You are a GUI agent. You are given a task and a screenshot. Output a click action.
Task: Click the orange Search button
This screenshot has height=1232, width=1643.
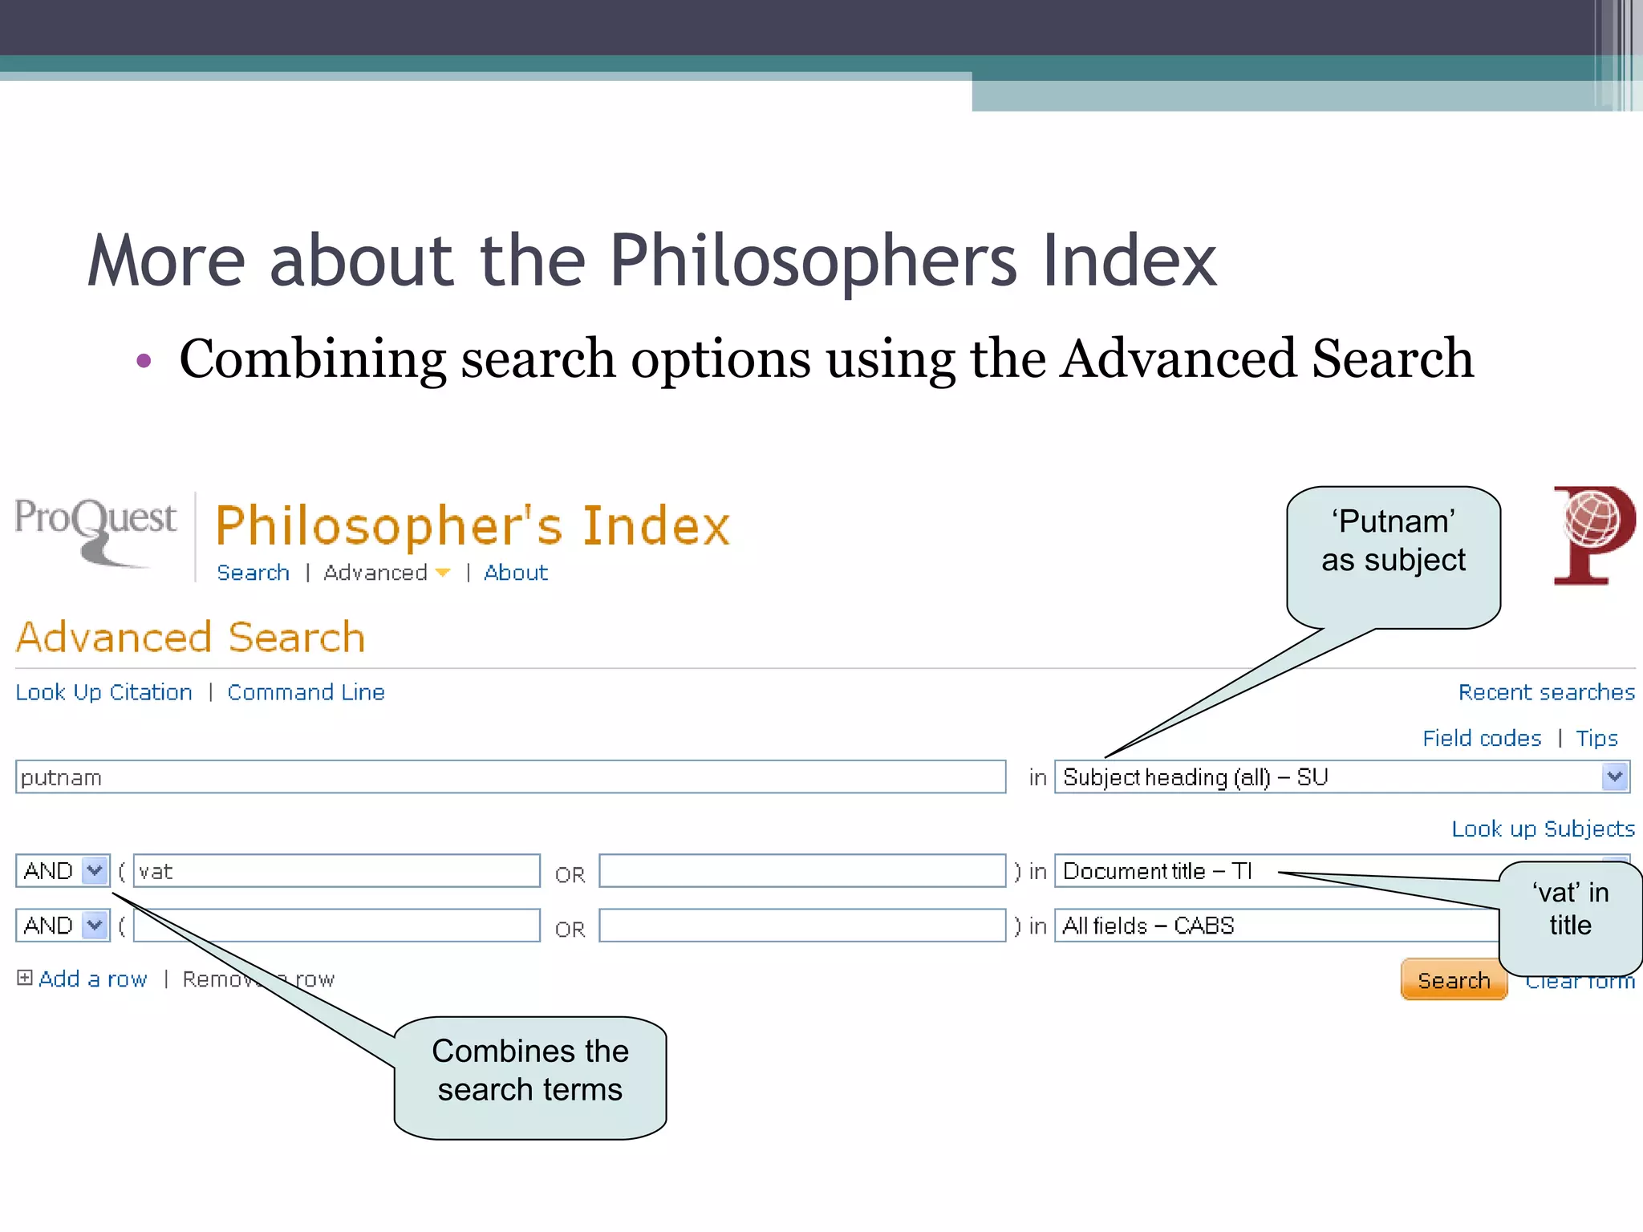pos(1453,979)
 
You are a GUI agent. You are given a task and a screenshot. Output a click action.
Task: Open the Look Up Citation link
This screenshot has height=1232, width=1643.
pos(104,692)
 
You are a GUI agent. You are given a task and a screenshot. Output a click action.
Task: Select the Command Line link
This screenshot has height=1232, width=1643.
pos(306,692)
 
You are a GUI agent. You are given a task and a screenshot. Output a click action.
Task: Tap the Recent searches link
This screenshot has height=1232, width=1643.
pos(1546,692)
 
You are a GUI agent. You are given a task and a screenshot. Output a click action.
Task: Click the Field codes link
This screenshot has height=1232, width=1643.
pos(1482,738)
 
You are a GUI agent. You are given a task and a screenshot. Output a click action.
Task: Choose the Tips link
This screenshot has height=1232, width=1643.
pos(1596,738)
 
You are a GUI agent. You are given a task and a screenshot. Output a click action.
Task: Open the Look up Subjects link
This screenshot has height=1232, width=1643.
pos(1543,829)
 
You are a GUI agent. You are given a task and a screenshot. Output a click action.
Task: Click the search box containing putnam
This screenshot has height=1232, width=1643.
pos(510,777)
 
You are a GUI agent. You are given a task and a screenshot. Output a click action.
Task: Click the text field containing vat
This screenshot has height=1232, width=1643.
pos(336,871)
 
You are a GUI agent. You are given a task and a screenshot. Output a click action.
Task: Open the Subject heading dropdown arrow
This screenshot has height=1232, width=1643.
pos(1614,776)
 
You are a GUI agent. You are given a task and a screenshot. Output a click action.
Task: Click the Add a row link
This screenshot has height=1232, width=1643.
pos(92,979)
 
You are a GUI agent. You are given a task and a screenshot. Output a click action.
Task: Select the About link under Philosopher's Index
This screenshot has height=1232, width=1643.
pos(516,573)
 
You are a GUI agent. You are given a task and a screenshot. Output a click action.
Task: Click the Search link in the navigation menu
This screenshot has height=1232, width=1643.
pos(253,573)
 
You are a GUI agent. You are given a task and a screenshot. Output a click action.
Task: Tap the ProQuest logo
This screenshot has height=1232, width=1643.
pos(95,529)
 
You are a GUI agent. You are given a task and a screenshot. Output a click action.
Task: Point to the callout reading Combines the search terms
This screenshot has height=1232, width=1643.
pos(530,1076)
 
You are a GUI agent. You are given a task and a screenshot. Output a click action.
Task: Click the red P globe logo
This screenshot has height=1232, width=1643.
pos(1593,534)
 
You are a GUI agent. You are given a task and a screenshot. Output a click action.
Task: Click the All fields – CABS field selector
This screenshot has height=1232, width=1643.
pos(1276,926)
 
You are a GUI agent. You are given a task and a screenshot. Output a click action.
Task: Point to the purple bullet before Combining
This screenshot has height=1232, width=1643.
pos(144,361)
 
